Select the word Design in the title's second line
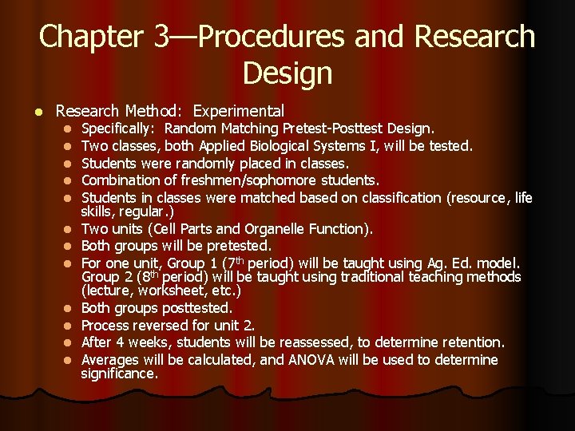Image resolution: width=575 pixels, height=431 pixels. pos(287,73)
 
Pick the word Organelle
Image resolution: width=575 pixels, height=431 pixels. pos(268,230)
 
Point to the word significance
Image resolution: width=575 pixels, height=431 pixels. pos(120,374)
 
